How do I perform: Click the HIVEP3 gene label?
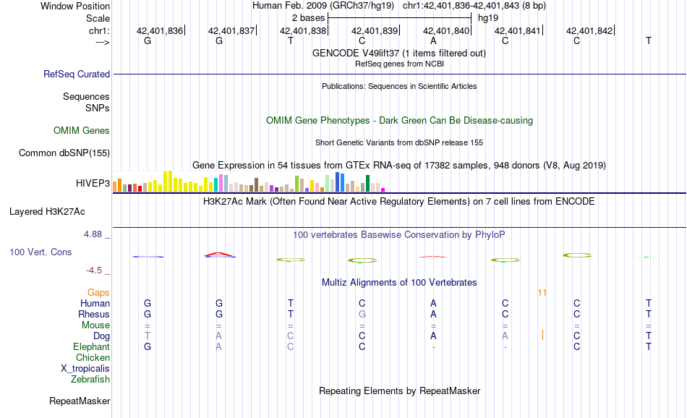[93, 183]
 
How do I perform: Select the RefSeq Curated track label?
[77, 74]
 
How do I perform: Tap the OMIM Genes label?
[82, 131]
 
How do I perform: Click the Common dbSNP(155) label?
[64, 153]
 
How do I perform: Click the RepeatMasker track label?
[80, 401]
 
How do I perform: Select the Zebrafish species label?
[90, 379]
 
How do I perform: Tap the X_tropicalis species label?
[85, 368]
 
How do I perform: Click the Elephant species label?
[92, 347]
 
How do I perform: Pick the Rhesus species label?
[94, 315]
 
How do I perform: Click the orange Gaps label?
[98, 293]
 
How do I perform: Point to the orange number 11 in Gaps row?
[542, 293]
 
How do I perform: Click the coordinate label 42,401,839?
[375, 30]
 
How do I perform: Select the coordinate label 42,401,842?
[589, 30]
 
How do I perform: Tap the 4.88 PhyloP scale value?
[94, 234]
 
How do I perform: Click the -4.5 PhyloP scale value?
[97, 270]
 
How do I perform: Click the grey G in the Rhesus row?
[362, 315]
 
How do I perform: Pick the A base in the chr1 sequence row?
[433, 40]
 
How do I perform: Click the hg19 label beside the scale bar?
[488, 17]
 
